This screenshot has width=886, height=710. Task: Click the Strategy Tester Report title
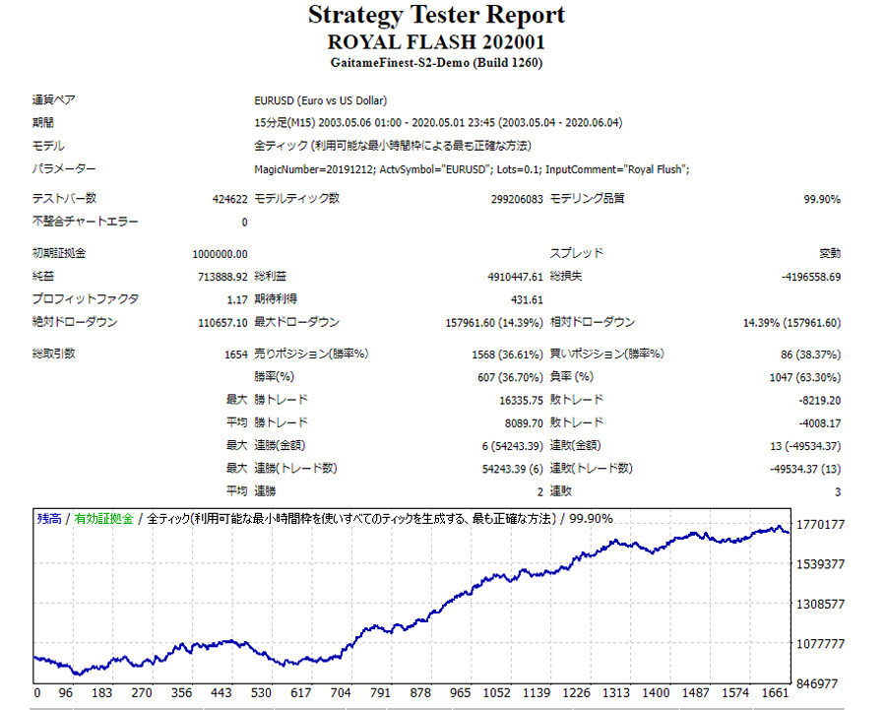coord(436,16)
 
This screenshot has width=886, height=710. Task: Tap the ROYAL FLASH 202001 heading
coord(436,42)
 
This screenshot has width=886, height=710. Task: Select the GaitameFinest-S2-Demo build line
coord(436,63)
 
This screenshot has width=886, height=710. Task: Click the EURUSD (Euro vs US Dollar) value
coord(320,100)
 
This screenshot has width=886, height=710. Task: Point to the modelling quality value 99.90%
coord(822,199)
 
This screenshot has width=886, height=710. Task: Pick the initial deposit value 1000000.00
coord(221,254)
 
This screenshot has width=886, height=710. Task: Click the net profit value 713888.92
coord(222,277)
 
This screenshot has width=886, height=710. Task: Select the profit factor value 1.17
coord(237,299)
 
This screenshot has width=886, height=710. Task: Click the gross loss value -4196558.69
coord(805,277)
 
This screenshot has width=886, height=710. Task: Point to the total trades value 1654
coord(236,354)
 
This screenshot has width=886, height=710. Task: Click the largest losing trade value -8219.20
coord(819,400)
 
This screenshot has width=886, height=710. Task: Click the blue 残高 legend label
coord(48,518)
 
